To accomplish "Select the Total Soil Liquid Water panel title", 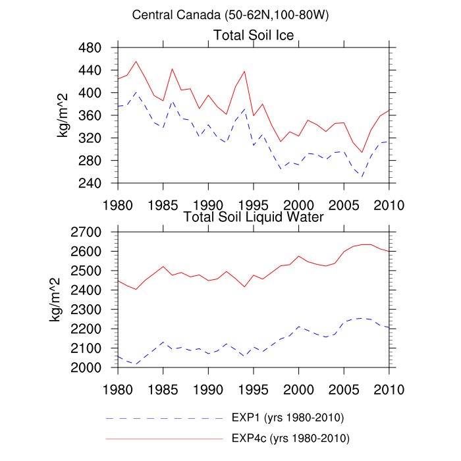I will pyautogui.click(x=254, y=217).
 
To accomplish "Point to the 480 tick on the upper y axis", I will pyautogui.click(x=96, y=48).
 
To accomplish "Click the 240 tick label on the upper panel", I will pyautogui.click(x=96, y=183).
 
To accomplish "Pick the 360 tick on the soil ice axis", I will pyautogui.click(x=96, y=116).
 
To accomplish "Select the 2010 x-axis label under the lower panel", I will pyautogui.click(x=389, y=386).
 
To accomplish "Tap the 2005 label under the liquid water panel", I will pyautogui.click(x=344, y=386).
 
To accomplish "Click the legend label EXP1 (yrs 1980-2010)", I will pyautogui.click(x=287, y=419).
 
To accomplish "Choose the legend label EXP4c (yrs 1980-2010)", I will pyautogui.click(x=290, y=438).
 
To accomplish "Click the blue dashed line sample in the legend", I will pyautogui.click(x=165, y=419).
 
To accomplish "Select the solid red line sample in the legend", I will pyautogui.click(x=165, y=438).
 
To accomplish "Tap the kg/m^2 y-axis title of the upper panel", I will pyautogui.click(x=65, y=115).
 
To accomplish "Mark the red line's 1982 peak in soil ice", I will pyautogui.click(x=136, y=62).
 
